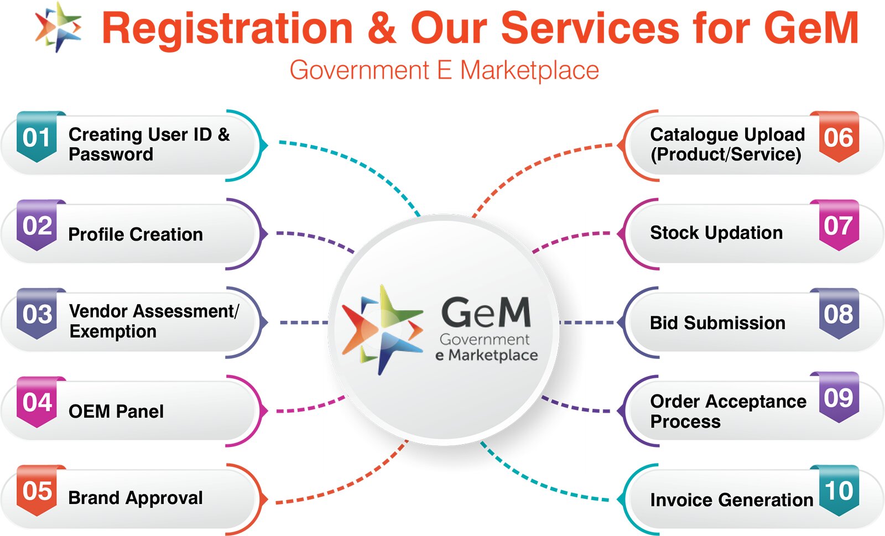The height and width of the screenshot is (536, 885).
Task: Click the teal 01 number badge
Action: pyautogui.click(x=37, y=137)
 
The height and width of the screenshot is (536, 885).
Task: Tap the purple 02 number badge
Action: pyautogui.click(x=37, y=226)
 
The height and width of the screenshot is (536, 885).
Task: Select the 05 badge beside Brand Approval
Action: pyautogui.click(x=37, y=491)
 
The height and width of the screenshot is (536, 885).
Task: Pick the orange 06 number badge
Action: pyautogui.click(x=839, y=137)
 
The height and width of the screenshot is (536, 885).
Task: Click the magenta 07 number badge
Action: pyautogui.click(x=839, y=226)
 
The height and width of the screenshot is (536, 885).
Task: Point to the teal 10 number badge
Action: pyautogui.click(x=839, y=491)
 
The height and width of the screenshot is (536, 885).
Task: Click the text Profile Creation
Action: pyautogui.click(x=136, y=235)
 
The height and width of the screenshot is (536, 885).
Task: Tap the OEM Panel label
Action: pyautogui.click(x=116, y=412)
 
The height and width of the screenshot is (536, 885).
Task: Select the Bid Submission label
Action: pyautogui.click(x=717, y=323)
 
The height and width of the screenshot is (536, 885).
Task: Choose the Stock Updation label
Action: pyautogui.click(x=716, y=233)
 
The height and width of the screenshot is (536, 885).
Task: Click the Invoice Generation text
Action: pyautogui.click(x=731, y=500)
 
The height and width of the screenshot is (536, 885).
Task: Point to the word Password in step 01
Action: pyautogui.click(x=111, y=154)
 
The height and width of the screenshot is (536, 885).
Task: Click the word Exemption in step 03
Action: pyautogui.click(x=113, y=332)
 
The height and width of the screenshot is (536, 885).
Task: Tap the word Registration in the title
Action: pyautogui.click(x=227, y=29)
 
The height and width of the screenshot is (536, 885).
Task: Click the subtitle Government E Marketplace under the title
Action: pyautogui.click(x=444, y=71)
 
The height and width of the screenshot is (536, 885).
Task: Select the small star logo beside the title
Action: pyautogui.click(x=58, y=27)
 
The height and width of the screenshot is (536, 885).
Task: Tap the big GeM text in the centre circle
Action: pyautogui.click(x=486, y=313)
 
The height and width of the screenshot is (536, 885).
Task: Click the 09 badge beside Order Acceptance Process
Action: pyautogui.click(x=839, y=398)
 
